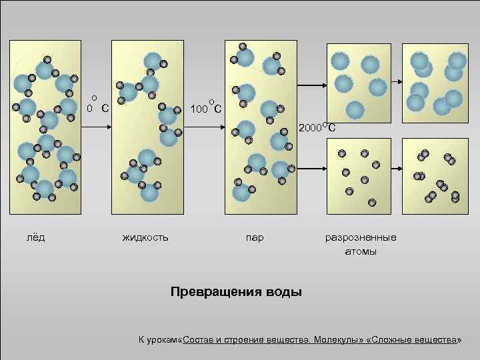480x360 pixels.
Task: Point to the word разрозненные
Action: (360, 237)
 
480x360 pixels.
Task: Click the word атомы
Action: (361, 251)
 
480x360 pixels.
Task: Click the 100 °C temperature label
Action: (206, 107)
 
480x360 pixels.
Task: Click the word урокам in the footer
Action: (164, 341)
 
